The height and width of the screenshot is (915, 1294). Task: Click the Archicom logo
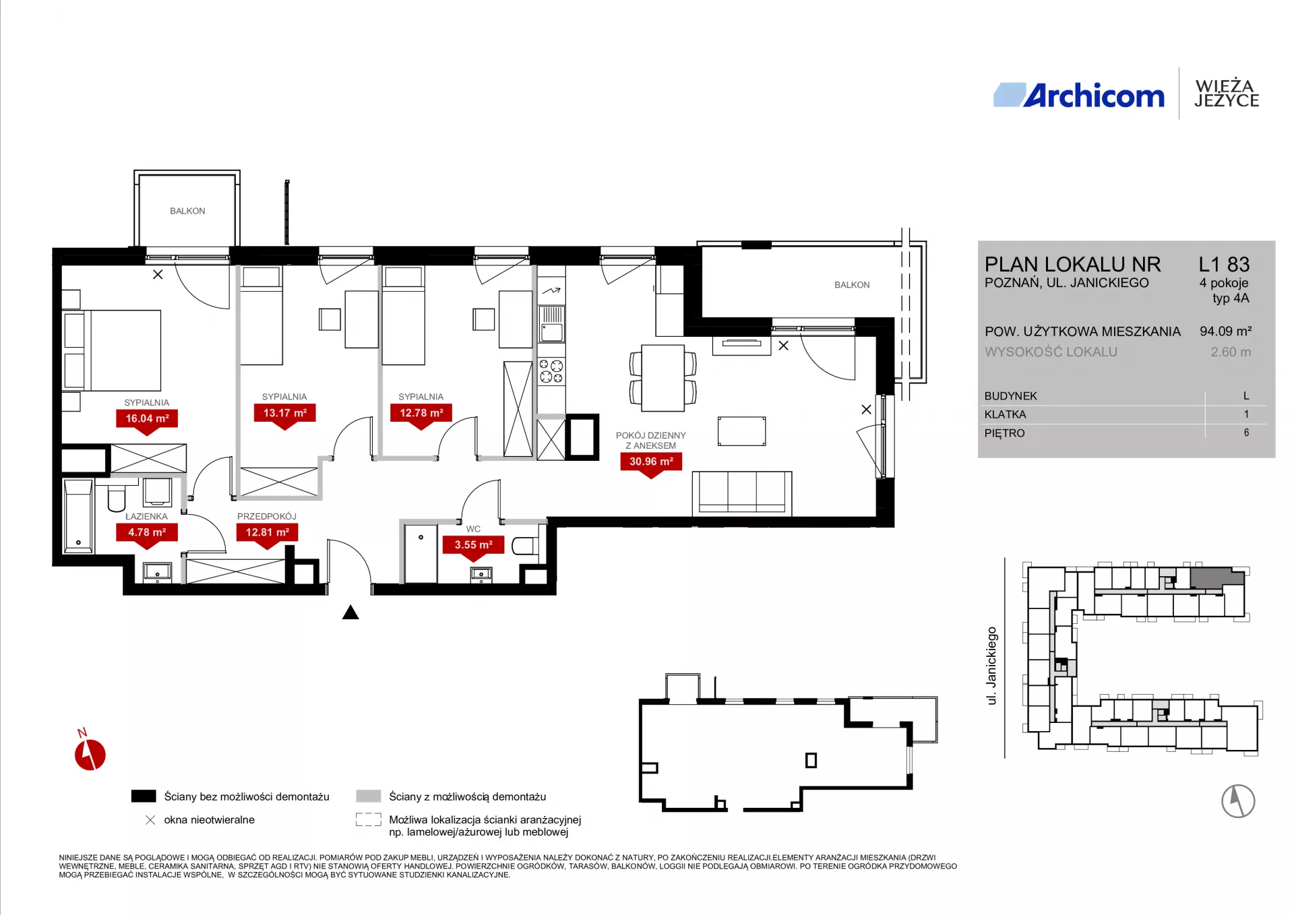point(1078,96)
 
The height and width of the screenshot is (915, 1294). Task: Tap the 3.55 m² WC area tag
point(473,546)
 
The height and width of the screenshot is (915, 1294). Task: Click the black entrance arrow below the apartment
point(350,612)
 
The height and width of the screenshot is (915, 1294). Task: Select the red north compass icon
point(90,753)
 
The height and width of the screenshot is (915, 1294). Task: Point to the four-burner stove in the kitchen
point(551,371)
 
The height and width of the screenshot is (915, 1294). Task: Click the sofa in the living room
point(742,493)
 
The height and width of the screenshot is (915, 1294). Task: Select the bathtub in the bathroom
point(79,516)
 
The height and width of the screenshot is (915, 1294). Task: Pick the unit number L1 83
point(1224,264)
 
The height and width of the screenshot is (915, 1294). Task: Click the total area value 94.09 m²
point(1225,331)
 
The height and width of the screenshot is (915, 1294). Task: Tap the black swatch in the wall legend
point(144,796)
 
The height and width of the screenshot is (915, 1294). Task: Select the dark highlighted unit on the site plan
point(1216,578)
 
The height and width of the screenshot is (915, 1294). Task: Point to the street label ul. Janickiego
point(991,666)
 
